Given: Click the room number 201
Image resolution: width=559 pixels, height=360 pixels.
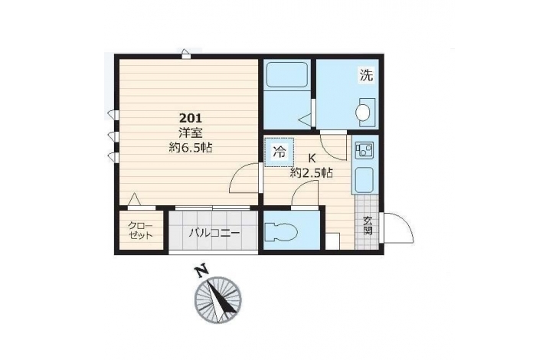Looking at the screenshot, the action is (x=191, y=118).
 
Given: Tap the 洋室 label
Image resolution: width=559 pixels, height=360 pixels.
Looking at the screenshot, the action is (x=191, y=133).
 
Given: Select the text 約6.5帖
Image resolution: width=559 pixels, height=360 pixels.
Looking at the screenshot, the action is (x=191, y=147).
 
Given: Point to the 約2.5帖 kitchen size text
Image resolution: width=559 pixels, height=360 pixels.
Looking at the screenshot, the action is (x=312, y=173).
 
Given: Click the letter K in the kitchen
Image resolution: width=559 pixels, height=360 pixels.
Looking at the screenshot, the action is (x=312, y=159).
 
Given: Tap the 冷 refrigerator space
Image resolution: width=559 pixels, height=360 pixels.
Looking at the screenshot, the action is (x=279, y=152).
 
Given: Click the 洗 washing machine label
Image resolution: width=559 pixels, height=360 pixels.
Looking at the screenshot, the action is (x=366, y=75).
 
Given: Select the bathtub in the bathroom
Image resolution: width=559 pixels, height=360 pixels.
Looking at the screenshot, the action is (x=287, y=74).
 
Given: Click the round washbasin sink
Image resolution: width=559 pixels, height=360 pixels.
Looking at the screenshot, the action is (x=363, y=113).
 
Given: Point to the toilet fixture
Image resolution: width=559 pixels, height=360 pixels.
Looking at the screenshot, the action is (x=282, y=231).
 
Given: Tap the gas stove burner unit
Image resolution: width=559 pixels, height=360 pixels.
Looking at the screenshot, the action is (x=364, y=149).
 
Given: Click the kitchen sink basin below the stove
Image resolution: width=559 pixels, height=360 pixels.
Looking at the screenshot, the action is (x=364, y=180).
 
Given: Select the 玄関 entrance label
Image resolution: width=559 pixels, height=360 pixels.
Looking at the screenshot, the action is (x=368, y=226).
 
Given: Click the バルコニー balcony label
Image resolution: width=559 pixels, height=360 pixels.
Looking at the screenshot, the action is (x=214, y=233).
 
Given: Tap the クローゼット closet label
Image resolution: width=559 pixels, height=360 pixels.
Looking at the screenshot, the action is (x=140, y=231).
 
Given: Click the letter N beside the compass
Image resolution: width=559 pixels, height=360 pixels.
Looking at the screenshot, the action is (x=202, y=270).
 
